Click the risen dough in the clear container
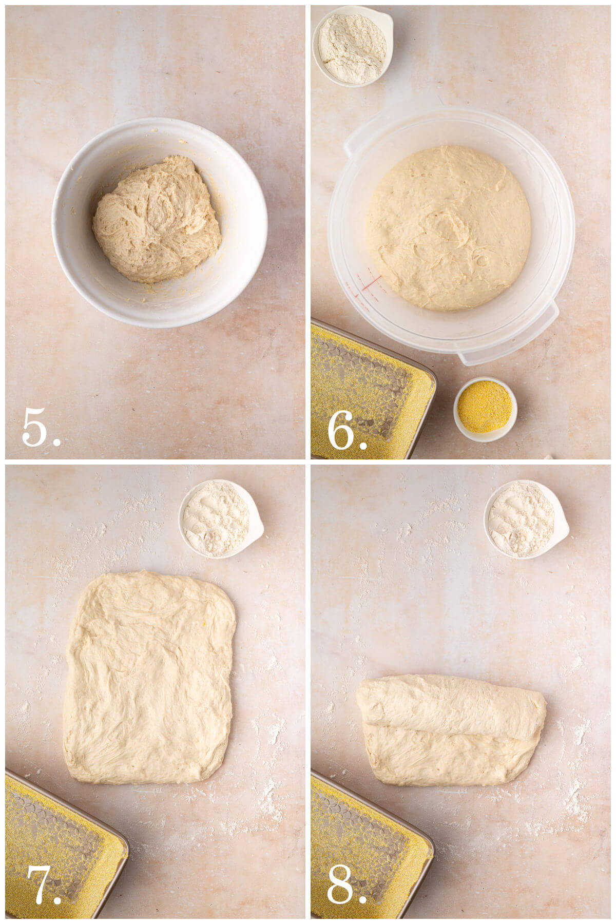click(x=448, y=228)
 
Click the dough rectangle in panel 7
click(x=149, y=678)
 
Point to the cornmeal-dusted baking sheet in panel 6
click(x=364, y=395)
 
